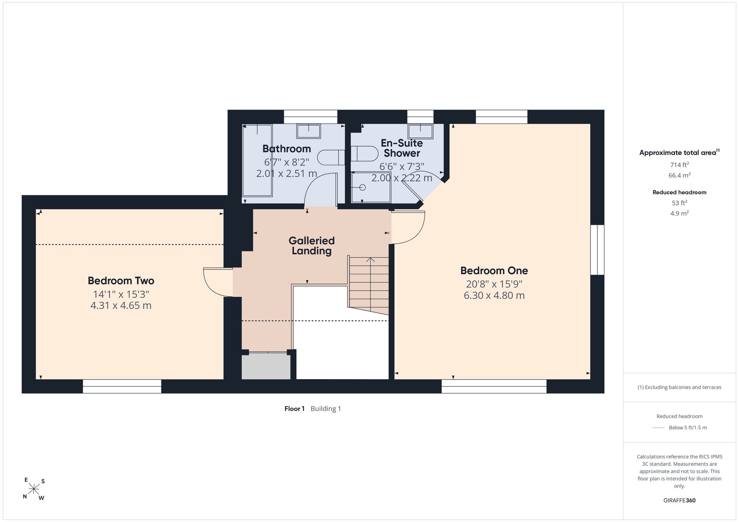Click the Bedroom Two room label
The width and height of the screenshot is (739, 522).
pos(121,281)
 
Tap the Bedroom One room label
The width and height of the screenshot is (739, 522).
pos(494,271)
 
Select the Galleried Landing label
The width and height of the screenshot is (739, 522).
pos(311,246)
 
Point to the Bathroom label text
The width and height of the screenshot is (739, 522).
pos(287,149)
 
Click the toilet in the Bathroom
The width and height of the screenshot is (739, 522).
pos(331,158)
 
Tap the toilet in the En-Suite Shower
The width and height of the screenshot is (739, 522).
pos(364,154)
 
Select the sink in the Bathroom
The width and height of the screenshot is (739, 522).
pos(309,131)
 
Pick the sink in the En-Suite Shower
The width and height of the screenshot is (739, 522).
pos(420,131)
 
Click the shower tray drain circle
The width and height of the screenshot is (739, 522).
pos(362,188)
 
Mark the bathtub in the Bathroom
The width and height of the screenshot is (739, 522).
pos(257,160)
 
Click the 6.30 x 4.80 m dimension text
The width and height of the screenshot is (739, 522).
pos(494,295)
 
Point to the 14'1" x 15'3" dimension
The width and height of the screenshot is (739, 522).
pos(121,294)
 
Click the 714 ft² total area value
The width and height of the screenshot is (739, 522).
pos(680,165)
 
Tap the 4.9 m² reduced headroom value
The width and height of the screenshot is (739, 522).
pos(680,213)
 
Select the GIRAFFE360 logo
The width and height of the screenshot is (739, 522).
pos(680,501)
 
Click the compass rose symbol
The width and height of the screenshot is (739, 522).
pos(34,489)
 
